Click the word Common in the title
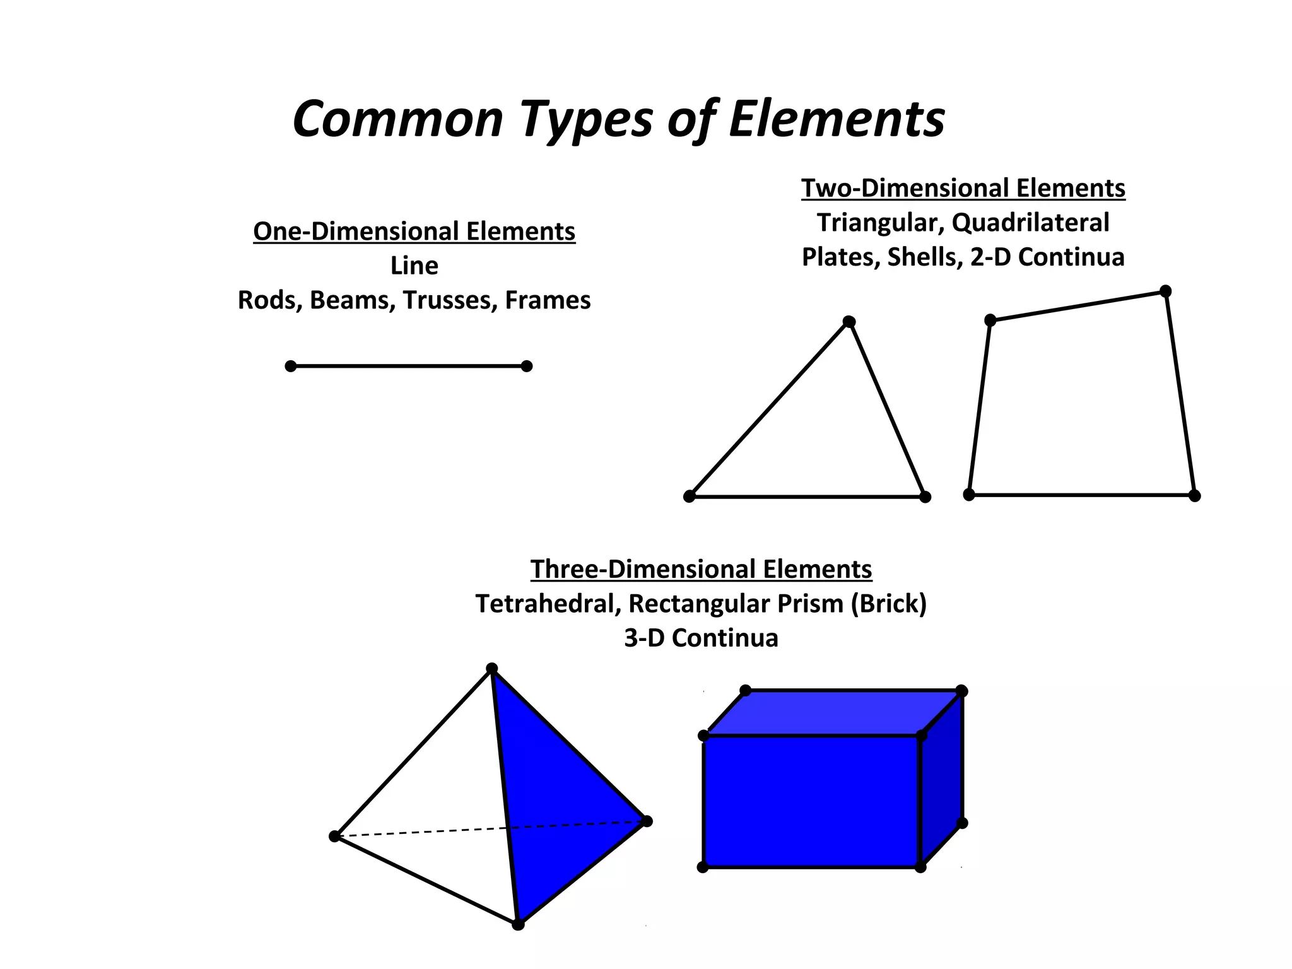(x=397, y=119)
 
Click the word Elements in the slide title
(x=837, y=119)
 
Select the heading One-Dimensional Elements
(x=414, y=232)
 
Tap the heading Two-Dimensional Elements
(x=963, y=188)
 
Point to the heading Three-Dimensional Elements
(x=701, y=569)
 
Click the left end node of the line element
(x=291, y=366)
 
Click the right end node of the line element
(x=527, y=366)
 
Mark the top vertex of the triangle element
(x=849, y=322)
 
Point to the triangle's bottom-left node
(x=690, y=496)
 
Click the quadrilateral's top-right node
(x=1166, y=291)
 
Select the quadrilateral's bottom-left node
(x=969, y=495)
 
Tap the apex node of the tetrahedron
(x=492, y=669)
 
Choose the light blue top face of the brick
(x=833, y=713)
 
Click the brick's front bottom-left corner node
(x=703, y=867)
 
